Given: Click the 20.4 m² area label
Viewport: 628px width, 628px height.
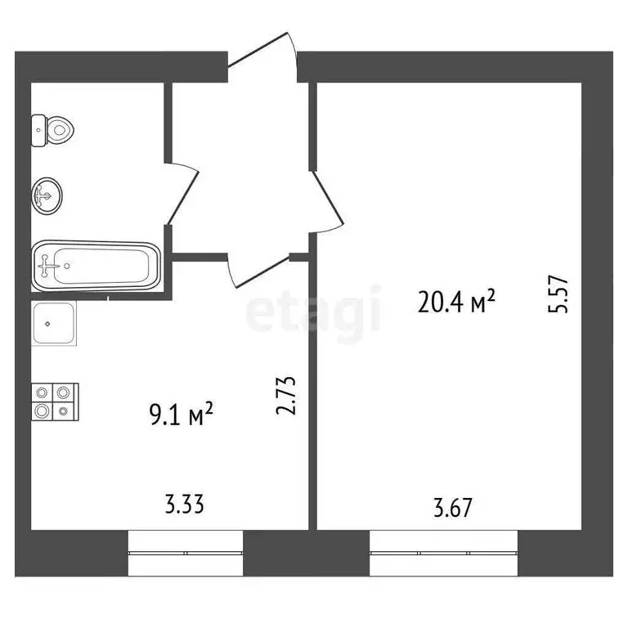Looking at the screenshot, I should (x=457, y=303).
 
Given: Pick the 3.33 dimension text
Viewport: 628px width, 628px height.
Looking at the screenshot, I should (x=183, y=504).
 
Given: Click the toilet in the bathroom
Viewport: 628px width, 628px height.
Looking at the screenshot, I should (x=56, y=129).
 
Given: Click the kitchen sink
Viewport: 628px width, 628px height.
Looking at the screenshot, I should (x=54, y=324).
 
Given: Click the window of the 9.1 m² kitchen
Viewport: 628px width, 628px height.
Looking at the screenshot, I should (x=186, y=553).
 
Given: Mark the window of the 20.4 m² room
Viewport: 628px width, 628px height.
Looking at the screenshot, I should (x=443, y=553).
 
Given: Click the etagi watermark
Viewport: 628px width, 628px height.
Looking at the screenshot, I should (x=314, y=312).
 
